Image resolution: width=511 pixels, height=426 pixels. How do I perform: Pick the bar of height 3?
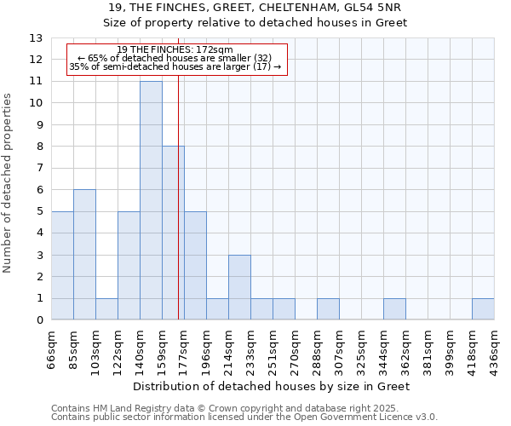point(239,287)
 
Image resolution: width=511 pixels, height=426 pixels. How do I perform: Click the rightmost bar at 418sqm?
point(483,309)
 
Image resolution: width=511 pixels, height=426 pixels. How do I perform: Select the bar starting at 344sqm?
point(394,309)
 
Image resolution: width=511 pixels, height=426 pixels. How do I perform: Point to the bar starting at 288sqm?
point(328,309)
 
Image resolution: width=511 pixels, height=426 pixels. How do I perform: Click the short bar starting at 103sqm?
point(106,309)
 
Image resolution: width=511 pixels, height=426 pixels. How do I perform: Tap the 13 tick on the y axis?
point(37,38)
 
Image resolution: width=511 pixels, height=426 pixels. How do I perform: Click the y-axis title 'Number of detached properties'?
point(9,182)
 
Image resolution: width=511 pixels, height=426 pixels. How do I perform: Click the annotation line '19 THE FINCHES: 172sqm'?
point(175,50)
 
